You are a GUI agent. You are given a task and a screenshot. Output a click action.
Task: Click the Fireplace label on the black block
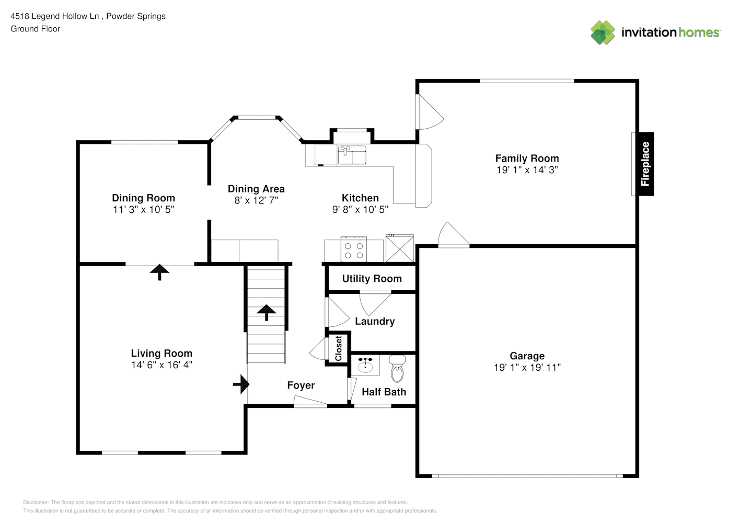click(x=645, y=164)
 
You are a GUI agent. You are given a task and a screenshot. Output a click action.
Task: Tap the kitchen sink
click(x=352, y=155)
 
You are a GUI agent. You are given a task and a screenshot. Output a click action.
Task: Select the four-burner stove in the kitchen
click(x=354, y=249)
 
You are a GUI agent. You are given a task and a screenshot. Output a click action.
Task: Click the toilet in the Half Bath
click(x=397, y=369)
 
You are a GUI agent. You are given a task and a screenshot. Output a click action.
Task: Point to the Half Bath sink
click(x=365, y=365)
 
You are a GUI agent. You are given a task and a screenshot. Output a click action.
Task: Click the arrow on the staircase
click(x=266, y=313)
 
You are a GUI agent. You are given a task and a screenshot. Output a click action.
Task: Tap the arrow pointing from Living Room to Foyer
click(x=241, y=384)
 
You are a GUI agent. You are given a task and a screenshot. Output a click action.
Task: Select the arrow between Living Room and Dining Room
click(x=160, y=272)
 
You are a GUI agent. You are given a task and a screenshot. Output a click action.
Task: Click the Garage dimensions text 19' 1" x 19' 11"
click(x=527, y=368)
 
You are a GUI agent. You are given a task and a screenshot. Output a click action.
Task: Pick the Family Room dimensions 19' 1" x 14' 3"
click(x=527, y=170)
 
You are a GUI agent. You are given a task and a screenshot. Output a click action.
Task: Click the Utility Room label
click(x=372, y=279)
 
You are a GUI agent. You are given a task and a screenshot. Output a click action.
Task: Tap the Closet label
click(x=339, y=348)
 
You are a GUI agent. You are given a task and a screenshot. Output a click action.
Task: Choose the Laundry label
click(x=375, y=321)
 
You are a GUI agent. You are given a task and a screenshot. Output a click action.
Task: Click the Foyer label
click(x=301, y=385)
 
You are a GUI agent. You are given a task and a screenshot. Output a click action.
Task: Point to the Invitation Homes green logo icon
click(x=603, y=32)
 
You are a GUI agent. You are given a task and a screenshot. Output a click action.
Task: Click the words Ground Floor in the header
click(x=36, y=29)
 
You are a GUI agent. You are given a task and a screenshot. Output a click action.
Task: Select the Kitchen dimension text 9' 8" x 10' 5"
click(x=360, y=210)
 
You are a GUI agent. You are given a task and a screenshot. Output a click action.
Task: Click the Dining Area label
click(x=256, y=189)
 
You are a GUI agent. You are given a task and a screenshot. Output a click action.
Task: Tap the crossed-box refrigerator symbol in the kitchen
click(x=400, y=248)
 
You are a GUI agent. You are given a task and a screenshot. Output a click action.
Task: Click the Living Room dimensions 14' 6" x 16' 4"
click(x=161, y=365)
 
